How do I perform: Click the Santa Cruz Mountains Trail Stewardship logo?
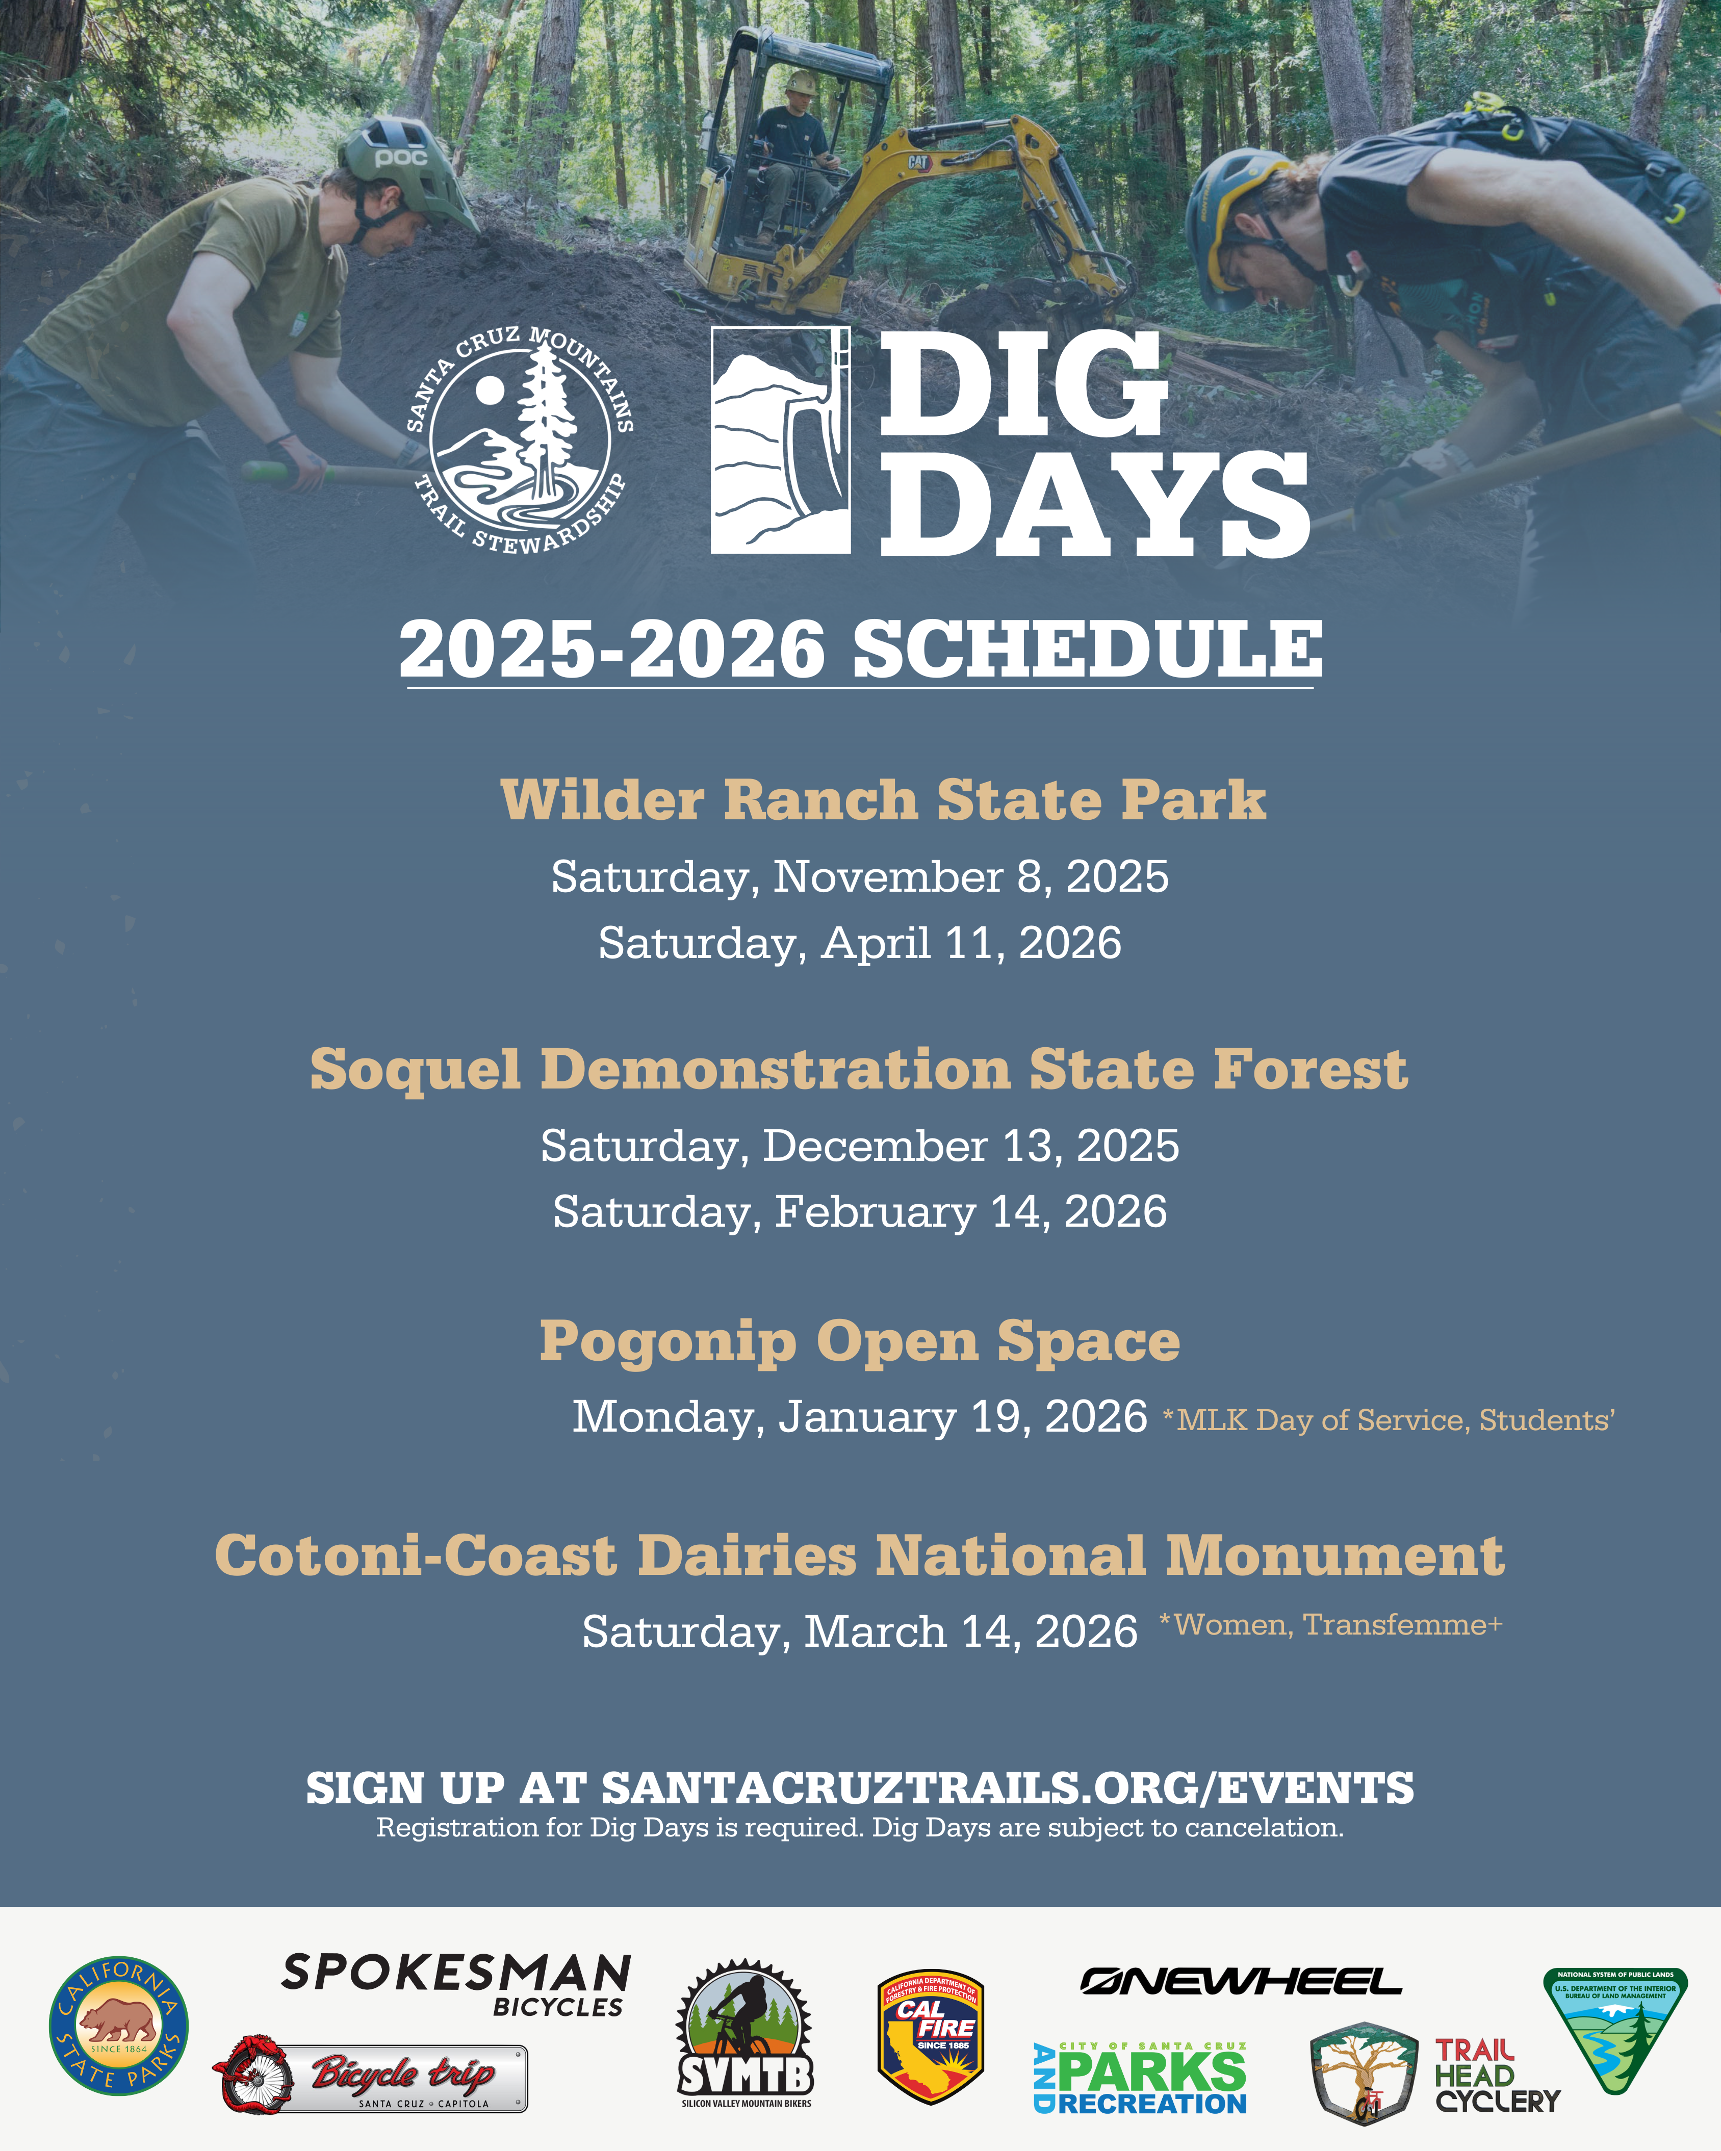[x=519, y=440]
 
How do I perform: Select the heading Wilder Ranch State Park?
[x=883, y=800]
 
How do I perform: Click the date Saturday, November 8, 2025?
[x=860, y=877]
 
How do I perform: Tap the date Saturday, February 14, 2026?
[x=860, y=1212]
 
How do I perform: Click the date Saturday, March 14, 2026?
[x=860, y=1632]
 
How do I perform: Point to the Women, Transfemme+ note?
[x=1331, y=1625]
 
